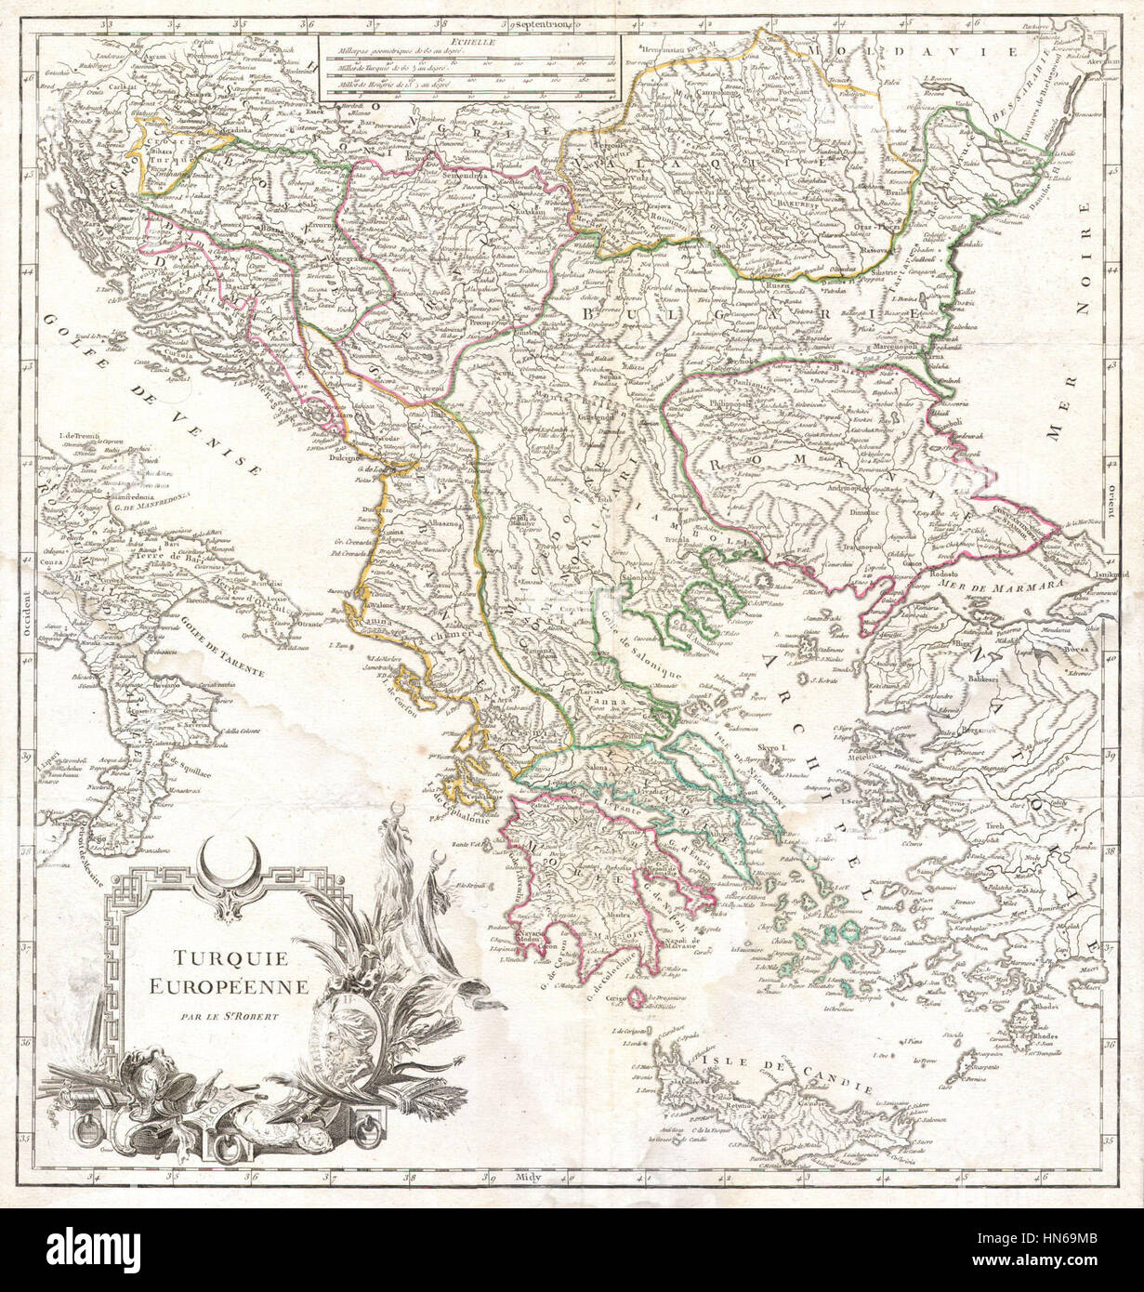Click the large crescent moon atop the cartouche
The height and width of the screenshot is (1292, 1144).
click(224, 853)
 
